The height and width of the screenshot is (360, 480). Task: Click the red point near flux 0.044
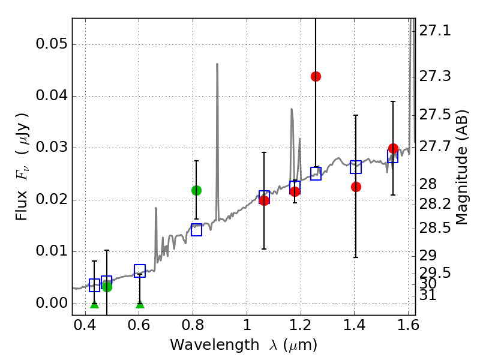[x=316, y=76]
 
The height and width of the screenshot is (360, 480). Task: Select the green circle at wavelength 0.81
[x=196, y=190]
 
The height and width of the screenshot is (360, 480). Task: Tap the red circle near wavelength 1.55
[x=393, y=148]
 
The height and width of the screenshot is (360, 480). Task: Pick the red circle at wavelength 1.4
[x=356, y=187]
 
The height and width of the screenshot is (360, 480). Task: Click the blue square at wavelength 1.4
[x=356, y=167]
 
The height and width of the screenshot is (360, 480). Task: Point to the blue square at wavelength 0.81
[x=196, y=230]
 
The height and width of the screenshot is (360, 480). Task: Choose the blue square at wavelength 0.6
[x=140, y=271]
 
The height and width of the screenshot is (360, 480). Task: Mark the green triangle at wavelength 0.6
[x=140, y=304]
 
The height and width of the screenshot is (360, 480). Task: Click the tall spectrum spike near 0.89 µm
[x=217, y=64]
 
